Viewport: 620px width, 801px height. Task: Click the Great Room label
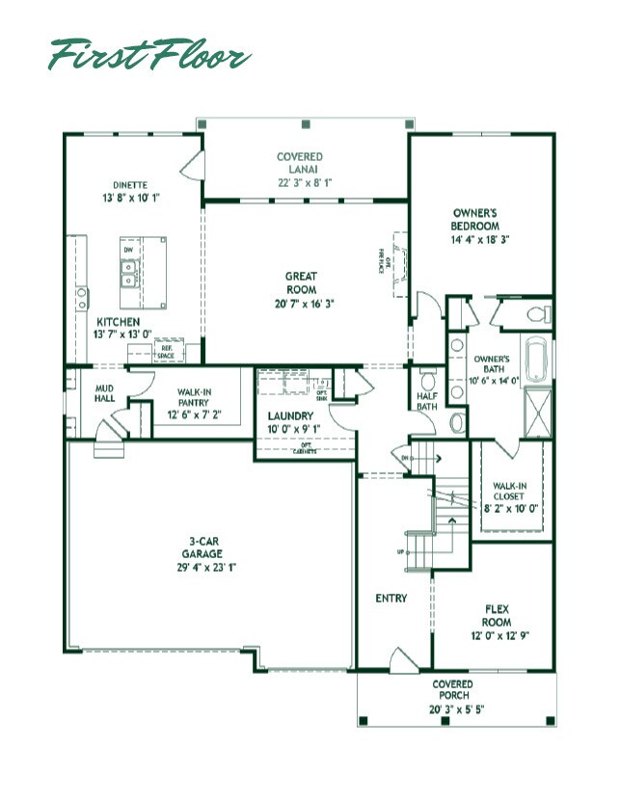pos(301,277)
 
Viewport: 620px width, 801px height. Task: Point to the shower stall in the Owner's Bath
pos(537,409)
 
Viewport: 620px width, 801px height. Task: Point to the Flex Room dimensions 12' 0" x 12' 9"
pos(498,635)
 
